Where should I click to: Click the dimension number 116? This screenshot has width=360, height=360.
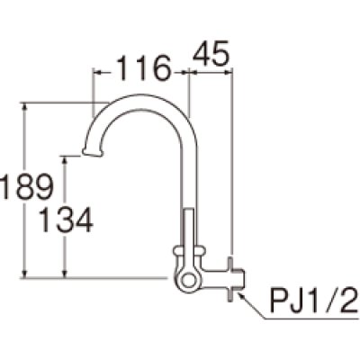point(141,66)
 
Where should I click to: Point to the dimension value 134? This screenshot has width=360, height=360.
point(63,219)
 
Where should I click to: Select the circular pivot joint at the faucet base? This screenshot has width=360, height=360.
point(187,281)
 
